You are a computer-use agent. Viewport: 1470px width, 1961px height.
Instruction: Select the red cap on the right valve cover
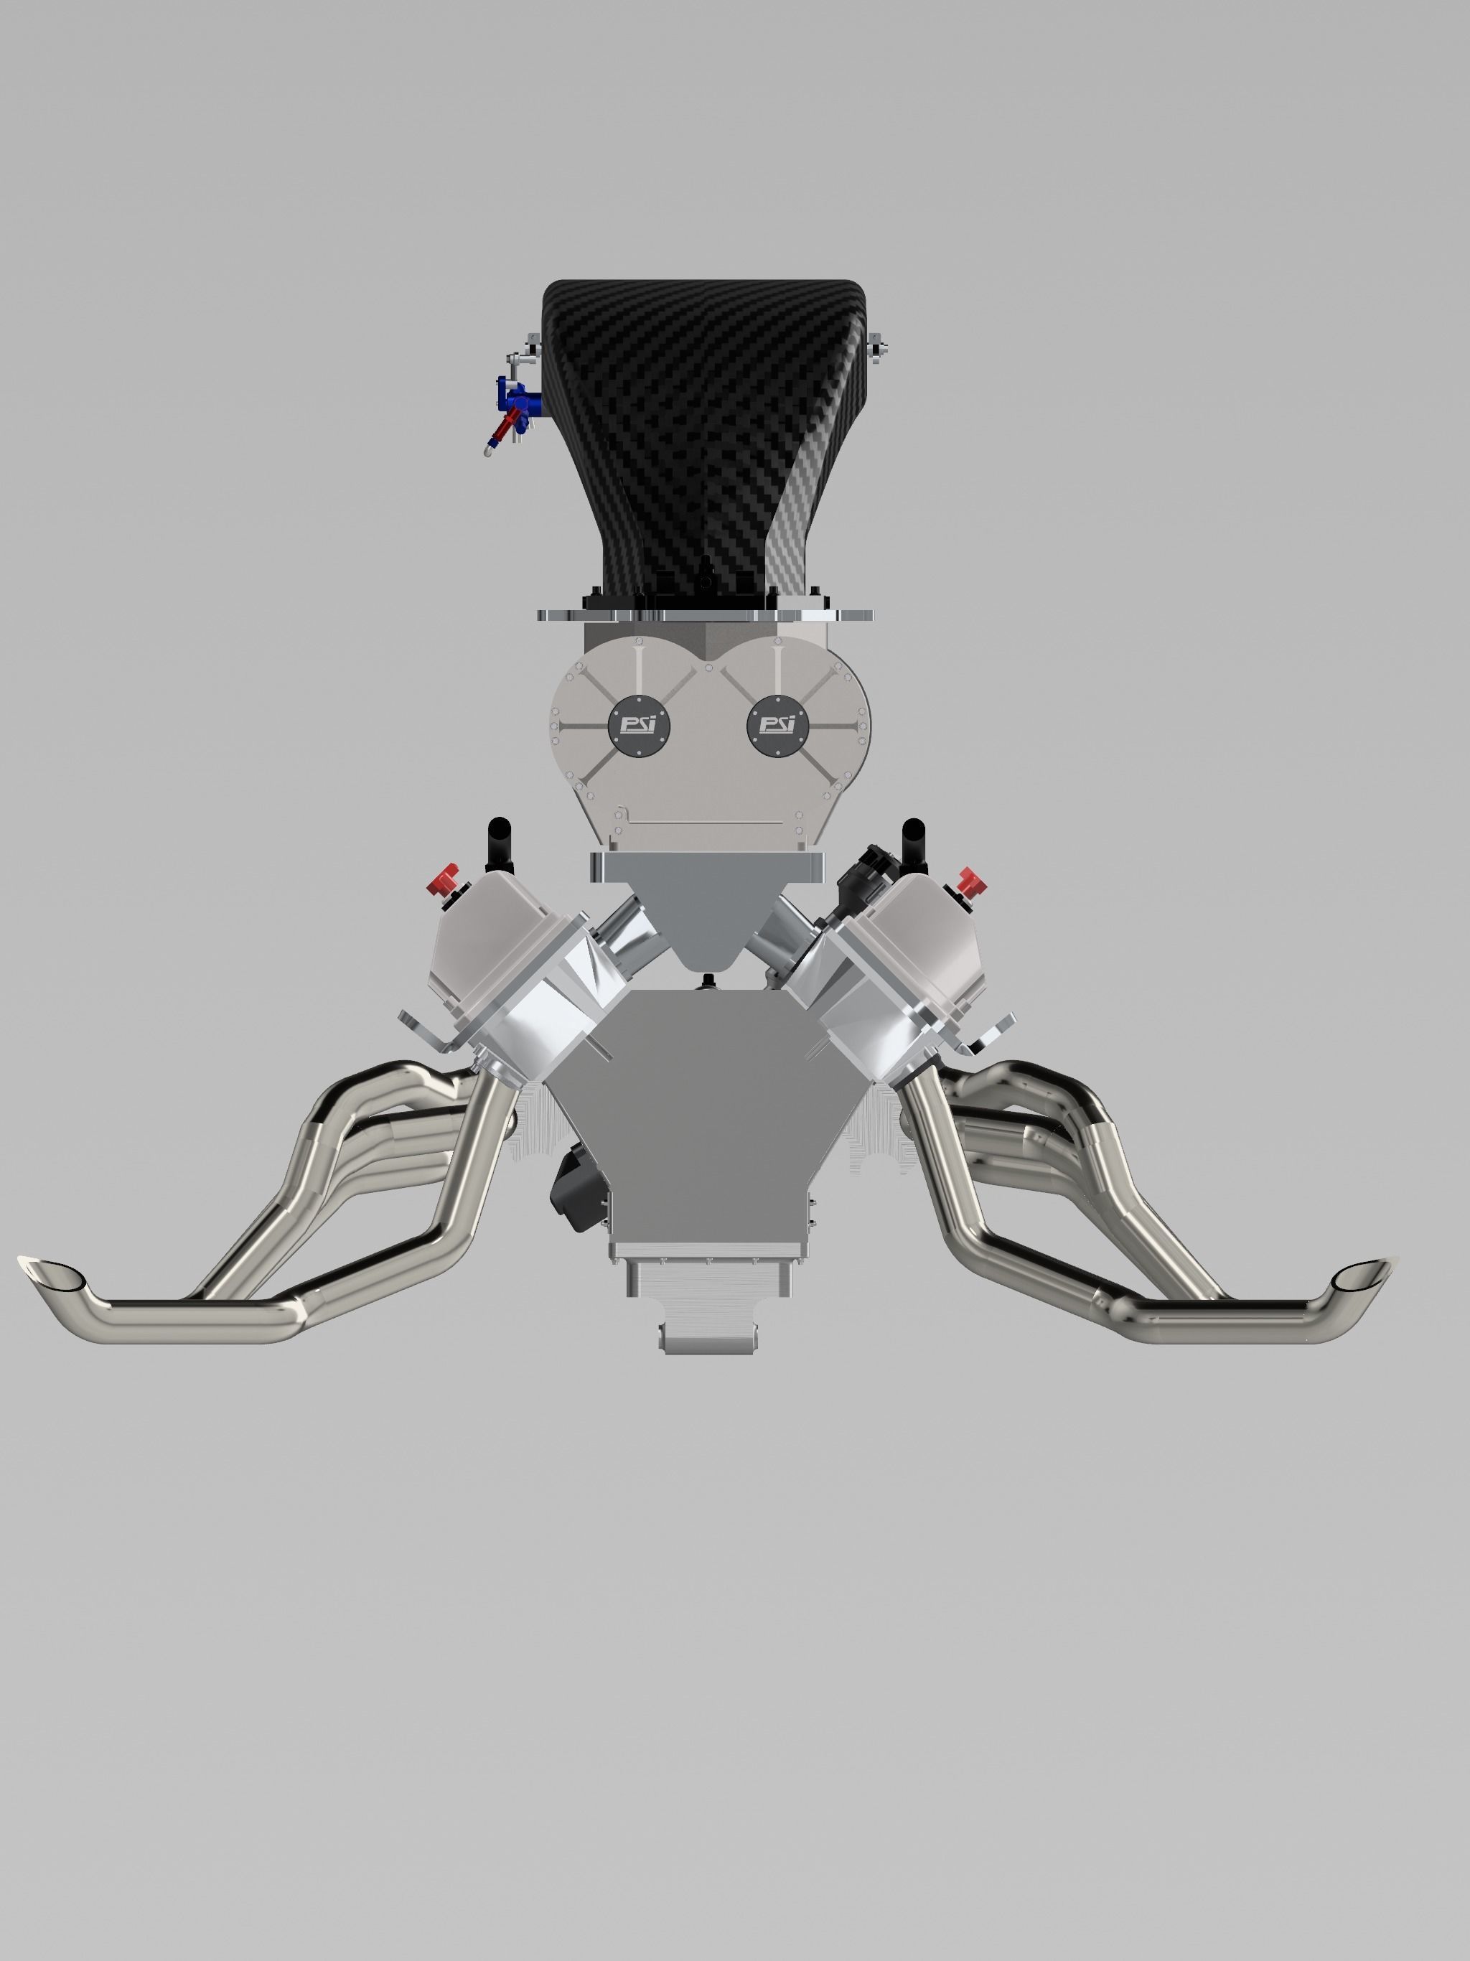point(971,881)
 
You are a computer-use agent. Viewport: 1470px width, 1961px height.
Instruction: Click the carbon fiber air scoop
point(701,426)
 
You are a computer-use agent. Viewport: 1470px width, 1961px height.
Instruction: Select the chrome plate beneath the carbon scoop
point(705,614)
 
